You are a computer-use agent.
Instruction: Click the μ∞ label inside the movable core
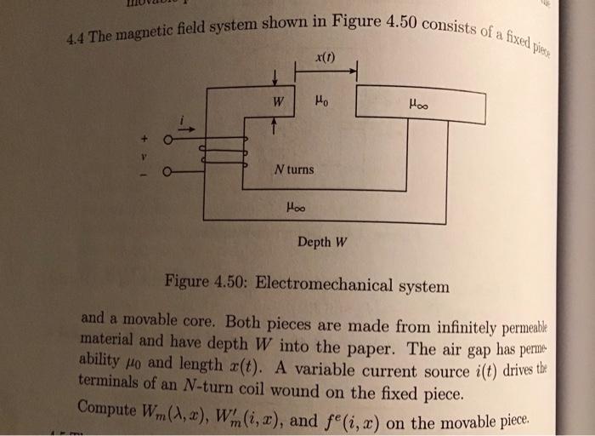(417, 106)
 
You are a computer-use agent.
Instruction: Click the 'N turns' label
(294, 169)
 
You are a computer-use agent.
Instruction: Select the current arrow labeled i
(186, 125)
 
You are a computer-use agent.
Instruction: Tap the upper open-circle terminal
(168, 140)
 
